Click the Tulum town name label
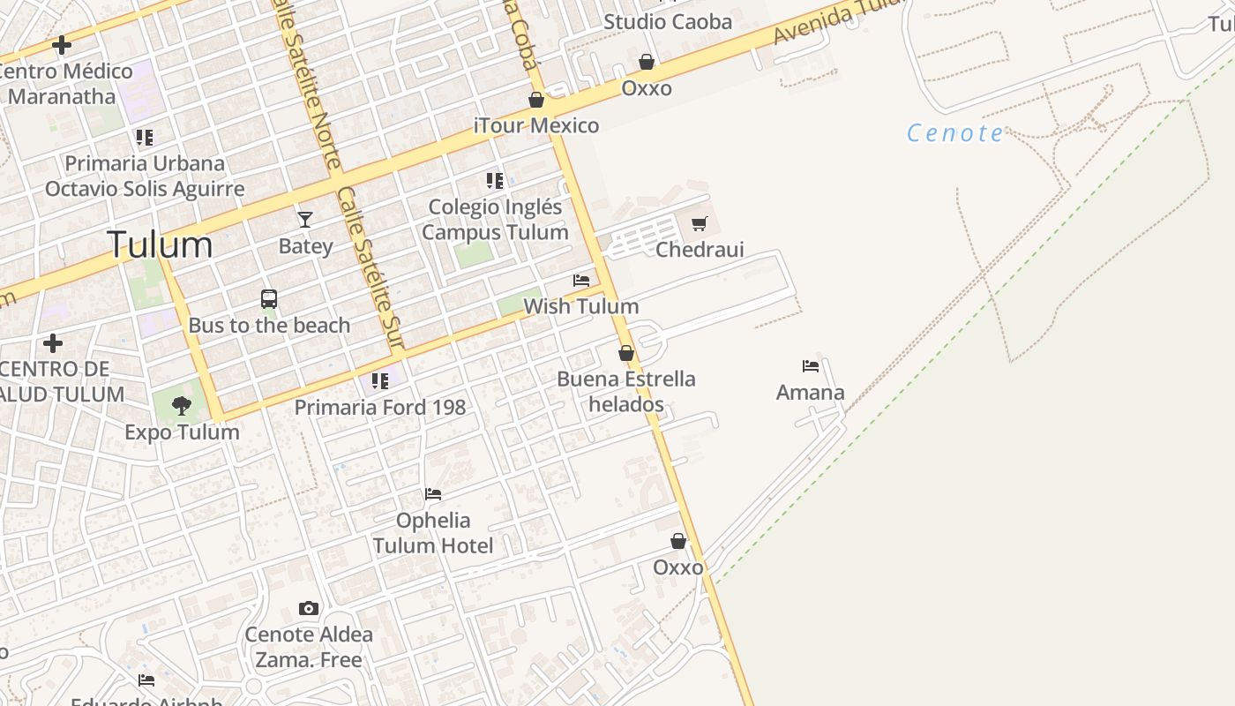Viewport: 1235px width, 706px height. coord(160,244)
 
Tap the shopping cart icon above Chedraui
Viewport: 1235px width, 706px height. coord(700,224)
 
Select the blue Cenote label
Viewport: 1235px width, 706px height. coord(955,133)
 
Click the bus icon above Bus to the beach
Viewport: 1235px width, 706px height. coord(269,299)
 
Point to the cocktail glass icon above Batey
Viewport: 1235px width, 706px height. coord(305,219)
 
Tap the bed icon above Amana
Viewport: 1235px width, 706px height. coord(811,365)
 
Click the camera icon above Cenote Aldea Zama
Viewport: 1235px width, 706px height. coord(308,608)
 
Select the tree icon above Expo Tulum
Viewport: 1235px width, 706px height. coord(182,406)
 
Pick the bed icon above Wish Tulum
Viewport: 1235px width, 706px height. coord(581,281)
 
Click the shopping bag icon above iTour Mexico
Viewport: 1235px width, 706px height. coord(536,100)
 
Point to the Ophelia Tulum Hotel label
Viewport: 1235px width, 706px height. coord(432,533)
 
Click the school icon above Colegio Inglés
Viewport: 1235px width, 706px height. coord(495,181)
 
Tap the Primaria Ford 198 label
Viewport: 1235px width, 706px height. coord(379,408)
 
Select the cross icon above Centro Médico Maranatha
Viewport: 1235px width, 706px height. coord(62,44)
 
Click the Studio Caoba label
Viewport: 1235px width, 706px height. coord(668,22)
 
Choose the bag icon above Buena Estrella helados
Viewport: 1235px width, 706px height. coord(626,353)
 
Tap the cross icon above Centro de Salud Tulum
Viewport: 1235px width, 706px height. coord(53,342)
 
